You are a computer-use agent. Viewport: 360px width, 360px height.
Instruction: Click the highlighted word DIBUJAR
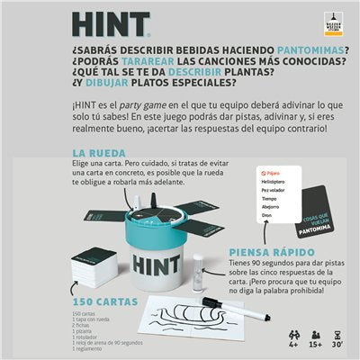[89, 102]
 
